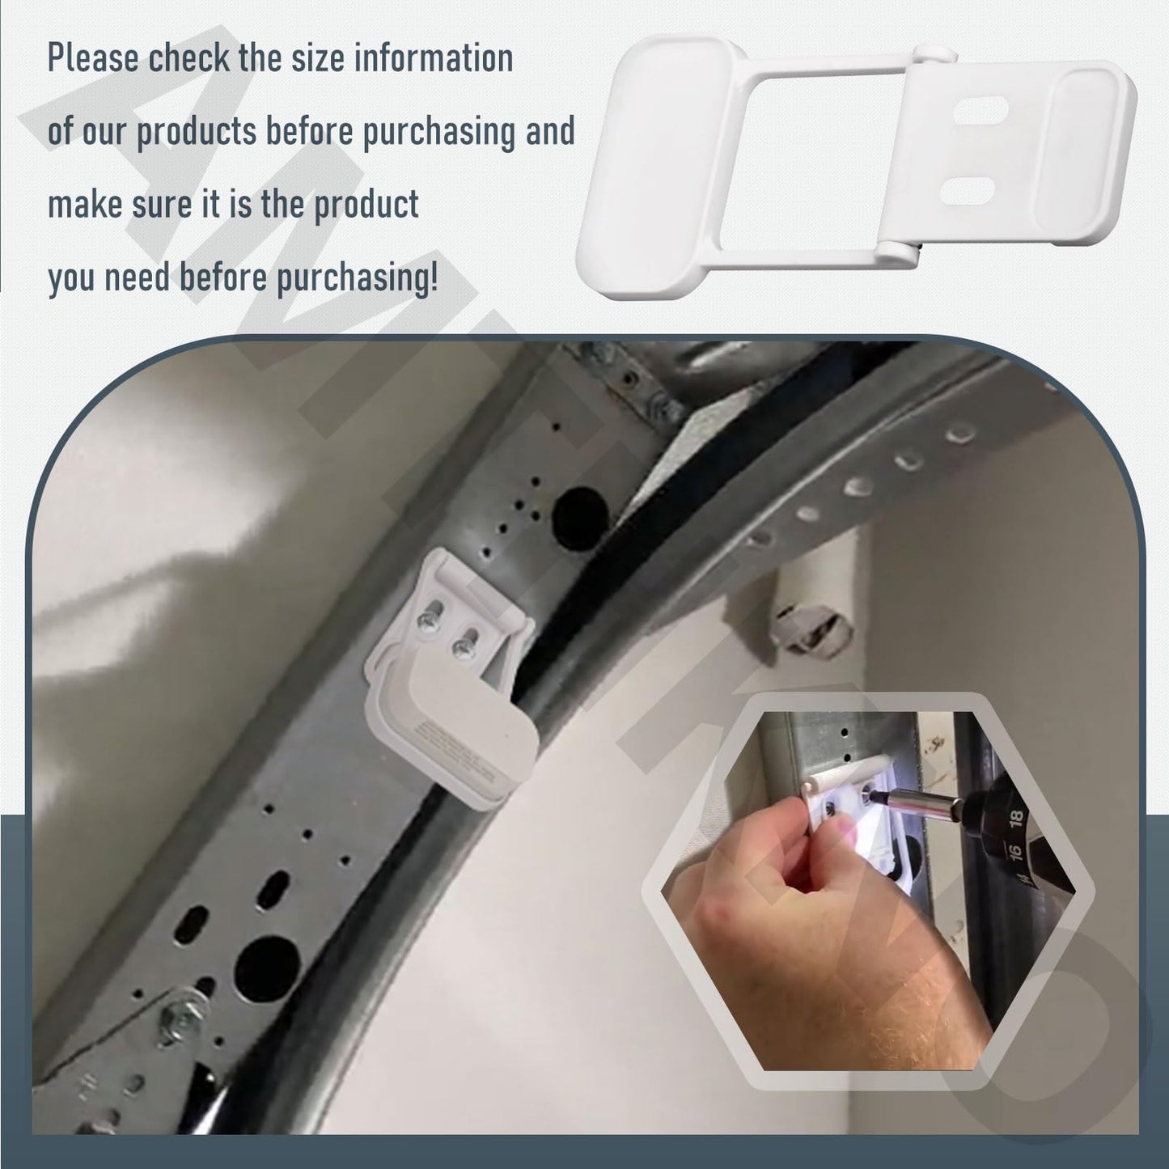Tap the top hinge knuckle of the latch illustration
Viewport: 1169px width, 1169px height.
tap(937, 57)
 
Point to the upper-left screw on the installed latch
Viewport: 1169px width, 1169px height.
tap(426, 620)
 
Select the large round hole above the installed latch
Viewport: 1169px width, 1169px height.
tap(580, 512)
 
